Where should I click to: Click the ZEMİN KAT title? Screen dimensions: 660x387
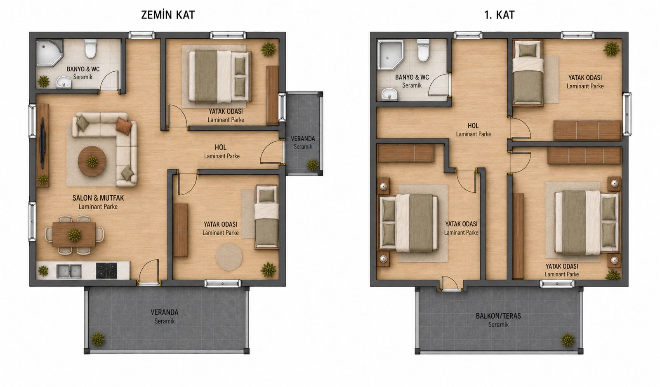tap(168, 15)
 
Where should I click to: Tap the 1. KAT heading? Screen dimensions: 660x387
tap(500, 15)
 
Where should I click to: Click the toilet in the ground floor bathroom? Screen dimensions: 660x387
tap(90, 49)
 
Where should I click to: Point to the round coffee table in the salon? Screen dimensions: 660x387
tap(92, 161)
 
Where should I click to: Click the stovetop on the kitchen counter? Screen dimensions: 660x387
tap(106, 270)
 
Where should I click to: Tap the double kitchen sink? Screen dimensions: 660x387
tap(69, 271)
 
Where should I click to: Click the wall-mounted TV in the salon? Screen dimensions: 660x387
tap(42, 143)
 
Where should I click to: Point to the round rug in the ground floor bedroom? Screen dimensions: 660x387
tap(229, 257)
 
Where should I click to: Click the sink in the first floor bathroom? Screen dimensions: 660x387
tap(389, 94)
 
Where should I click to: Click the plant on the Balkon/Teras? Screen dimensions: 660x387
tap(567, 340)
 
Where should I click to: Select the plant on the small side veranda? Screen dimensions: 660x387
tap(312, 165)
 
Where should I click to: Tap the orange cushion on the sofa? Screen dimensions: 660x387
tap(124, 126)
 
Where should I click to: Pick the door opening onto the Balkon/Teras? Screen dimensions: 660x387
tap(451, 284)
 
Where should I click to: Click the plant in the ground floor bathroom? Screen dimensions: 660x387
tap(44, 82)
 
